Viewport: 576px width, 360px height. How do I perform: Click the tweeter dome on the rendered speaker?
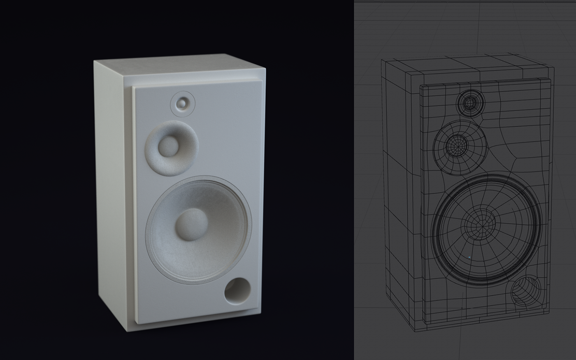click(x=182, y=103)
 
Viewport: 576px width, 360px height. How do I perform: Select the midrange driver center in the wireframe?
click(x=456, y=144)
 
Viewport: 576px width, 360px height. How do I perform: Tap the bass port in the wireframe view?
click(x=526, y=291)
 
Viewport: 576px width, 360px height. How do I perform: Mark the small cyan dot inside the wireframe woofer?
click(x=469, y=258)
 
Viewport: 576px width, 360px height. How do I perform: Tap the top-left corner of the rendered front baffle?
click(x=133, y=88)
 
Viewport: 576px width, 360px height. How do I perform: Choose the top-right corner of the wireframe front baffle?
click(x=550, y=81)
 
